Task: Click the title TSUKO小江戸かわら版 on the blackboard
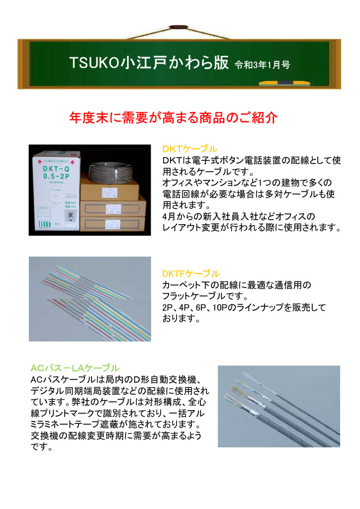[x=149, y=62]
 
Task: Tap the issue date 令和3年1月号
[x=262, y=65]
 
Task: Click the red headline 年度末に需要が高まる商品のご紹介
[x=174, y=117]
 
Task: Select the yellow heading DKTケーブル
[x=190, y=149]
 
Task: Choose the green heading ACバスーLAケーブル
[x=75, y=368]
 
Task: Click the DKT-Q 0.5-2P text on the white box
[x=56, y=172]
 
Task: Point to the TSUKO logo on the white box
[x=44, y=224]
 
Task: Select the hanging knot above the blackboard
[x=178, y=27]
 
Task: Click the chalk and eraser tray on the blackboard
[x=284, y=84]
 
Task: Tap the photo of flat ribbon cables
[x=90, y=299]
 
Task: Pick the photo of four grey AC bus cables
[x=279, y=407]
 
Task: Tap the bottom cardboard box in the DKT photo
[x=112, y=224]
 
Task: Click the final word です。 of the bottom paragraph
[x=42, y=447]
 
